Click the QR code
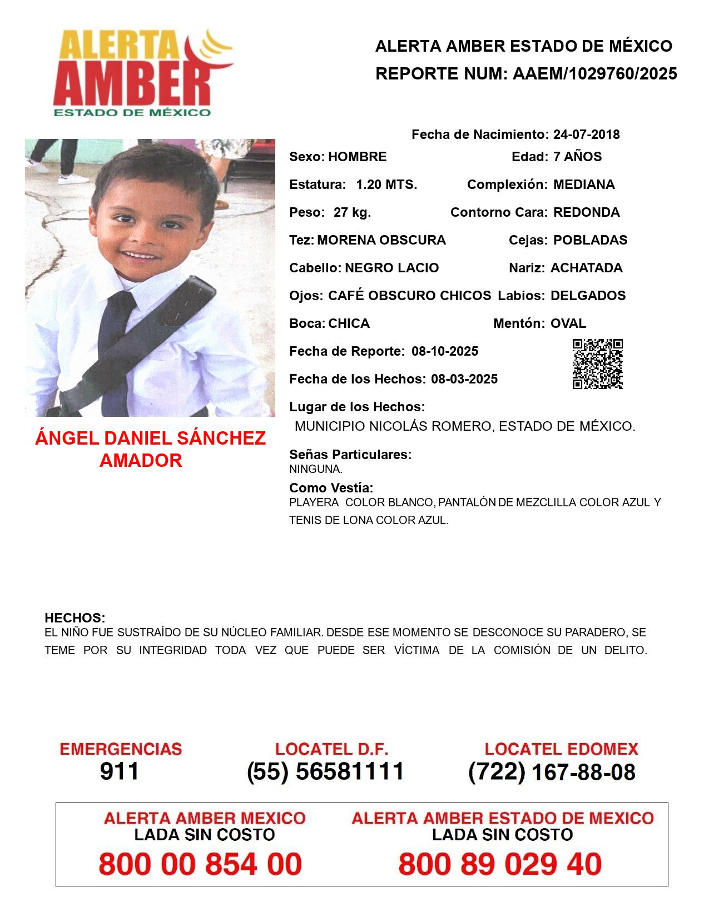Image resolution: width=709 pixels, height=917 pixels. [597, 364]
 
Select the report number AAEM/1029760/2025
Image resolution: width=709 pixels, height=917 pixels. [594, 74]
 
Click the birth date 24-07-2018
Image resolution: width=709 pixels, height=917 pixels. [586, 134]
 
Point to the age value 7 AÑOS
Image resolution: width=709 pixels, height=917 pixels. [577, 157]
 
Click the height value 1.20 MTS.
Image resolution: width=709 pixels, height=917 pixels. [386, 185]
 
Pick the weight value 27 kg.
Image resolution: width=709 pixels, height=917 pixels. [352, 212]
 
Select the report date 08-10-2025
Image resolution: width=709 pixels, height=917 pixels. [445, 351]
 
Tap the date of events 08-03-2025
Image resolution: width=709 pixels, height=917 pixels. [464, 379]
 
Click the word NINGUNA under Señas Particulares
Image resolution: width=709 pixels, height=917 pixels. [315, 469]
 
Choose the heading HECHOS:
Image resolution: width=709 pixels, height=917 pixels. [75, 618]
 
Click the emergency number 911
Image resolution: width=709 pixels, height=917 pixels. [120, 771]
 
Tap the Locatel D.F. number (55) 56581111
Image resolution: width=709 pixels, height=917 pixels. [325, 771]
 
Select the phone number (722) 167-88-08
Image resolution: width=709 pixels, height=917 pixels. [552, 772]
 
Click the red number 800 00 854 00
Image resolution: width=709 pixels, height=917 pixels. [200, 864]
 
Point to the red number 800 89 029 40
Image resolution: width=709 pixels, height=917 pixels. [500, 864]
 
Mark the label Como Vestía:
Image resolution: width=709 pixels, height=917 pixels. [331, 488]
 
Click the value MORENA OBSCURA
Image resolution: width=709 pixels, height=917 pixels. [381, 240]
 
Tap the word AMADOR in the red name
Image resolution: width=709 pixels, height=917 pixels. [141, 460]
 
